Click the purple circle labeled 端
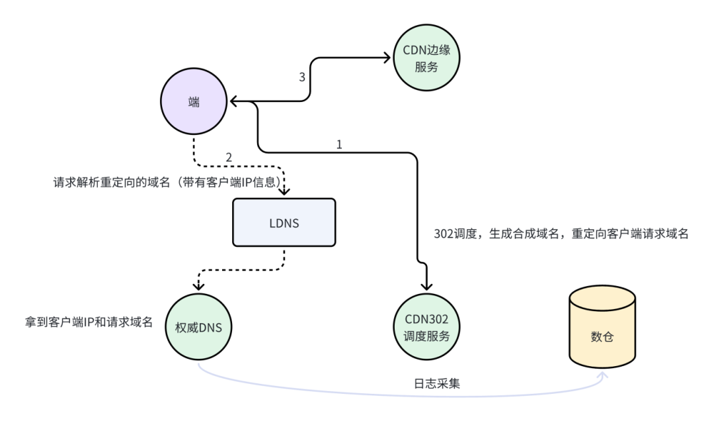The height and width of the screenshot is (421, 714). coord(194,103)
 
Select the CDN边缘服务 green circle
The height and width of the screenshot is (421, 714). coord(426,58)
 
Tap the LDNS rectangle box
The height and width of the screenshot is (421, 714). coord(284,223)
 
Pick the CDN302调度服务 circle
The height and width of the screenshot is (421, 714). coord(426,327)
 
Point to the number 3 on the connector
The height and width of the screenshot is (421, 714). coord(302,77)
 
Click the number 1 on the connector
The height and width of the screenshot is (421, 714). coord(339,144)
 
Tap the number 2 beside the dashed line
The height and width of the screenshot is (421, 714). coord(229,158)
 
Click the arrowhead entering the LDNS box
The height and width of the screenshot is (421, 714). coord(284,192)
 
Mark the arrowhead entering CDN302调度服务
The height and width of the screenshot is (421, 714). coord(426,287)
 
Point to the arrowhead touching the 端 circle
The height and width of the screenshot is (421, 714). coord(233,102)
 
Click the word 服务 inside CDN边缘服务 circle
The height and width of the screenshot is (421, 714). coord(426,67)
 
